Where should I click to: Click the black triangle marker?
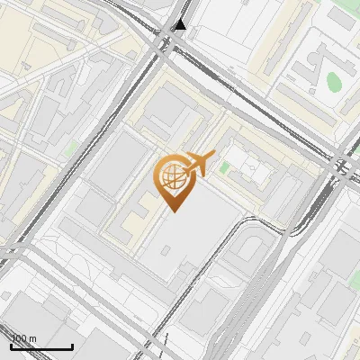181,24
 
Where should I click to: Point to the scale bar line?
41,347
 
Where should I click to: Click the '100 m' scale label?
24,338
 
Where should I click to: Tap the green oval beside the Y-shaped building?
334,82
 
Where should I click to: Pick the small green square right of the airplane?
224,167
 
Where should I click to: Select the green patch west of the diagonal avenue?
70,147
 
